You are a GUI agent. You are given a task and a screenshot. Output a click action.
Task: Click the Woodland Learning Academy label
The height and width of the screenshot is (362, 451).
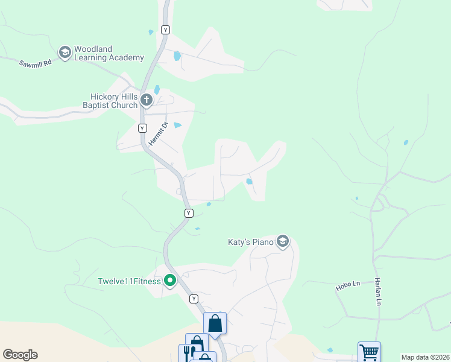109,54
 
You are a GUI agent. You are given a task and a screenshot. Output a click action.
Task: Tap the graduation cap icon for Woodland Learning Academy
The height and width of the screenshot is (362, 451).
66,52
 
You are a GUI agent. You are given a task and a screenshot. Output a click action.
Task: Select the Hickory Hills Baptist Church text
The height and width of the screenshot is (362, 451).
113,100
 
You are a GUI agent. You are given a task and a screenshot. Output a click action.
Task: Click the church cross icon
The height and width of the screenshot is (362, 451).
147,100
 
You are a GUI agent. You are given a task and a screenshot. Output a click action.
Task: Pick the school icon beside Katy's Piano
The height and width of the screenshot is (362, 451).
282,243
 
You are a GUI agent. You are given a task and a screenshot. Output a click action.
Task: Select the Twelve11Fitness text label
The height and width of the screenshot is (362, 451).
129,281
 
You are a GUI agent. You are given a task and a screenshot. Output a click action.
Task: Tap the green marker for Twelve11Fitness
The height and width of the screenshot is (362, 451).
170,281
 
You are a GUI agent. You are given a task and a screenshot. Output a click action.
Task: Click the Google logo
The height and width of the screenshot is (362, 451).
20,355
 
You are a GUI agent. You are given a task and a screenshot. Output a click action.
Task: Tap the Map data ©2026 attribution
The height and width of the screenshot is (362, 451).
425,357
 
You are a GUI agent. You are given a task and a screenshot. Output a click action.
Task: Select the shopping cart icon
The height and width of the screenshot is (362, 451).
369,352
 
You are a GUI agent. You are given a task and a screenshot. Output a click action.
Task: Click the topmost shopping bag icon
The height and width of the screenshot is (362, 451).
215,323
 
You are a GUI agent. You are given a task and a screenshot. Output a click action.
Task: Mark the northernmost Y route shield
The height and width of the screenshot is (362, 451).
166,30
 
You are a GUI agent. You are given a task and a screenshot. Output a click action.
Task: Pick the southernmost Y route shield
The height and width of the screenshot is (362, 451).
194,299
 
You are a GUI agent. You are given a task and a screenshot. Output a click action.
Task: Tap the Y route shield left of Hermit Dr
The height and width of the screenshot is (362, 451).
142,128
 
